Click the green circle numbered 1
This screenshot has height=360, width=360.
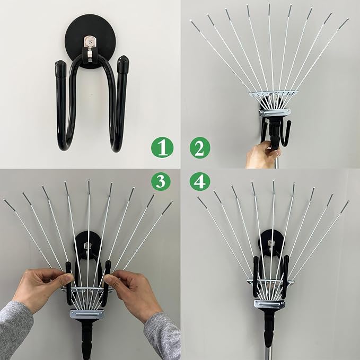[162, 147]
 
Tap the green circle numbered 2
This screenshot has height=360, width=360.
[200, 147]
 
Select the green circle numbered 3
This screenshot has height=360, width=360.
[161, 181]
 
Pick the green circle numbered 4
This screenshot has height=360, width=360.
[200, 181]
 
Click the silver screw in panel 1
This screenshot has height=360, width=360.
[90, 42]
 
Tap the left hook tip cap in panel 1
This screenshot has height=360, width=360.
[61, 68]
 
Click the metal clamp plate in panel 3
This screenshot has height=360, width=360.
[87, 314]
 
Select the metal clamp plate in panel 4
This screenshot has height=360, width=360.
[269, 304]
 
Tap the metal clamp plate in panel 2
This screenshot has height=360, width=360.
[275, 112]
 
